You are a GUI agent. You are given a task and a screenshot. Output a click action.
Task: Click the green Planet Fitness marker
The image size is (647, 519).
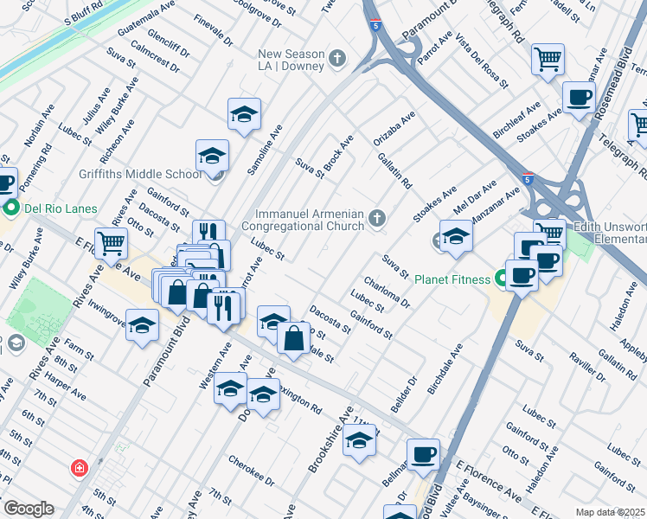[500, 279]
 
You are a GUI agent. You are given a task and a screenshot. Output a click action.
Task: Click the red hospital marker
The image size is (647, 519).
[80, 468]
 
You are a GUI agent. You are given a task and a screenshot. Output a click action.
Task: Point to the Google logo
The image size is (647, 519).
[28, 509]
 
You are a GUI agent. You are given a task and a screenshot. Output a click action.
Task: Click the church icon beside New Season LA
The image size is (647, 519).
[337, 58]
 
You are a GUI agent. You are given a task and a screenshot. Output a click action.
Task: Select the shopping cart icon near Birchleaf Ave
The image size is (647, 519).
[548, 60]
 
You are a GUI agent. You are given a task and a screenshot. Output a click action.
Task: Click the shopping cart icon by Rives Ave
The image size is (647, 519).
[111, 244]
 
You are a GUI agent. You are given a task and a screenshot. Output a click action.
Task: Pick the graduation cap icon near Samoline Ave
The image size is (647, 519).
[244, 113]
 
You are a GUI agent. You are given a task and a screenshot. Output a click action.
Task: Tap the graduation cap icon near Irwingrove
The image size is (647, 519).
[143, 325]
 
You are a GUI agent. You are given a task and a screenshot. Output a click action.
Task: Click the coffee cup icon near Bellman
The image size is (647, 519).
[423, 454]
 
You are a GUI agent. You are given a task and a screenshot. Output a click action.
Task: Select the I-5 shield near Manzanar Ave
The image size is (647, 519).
[528, 179]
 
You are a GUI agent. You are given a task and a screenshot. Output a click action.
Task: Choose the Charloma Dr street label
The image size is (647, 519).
[387, 292]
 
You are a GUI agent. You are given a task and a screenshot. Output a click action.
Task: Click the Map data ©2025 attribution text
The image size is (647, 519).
[610, 512]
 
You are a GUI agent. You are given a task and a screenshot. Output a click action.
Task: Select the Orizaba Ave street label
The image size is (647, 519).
[394, 127]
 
